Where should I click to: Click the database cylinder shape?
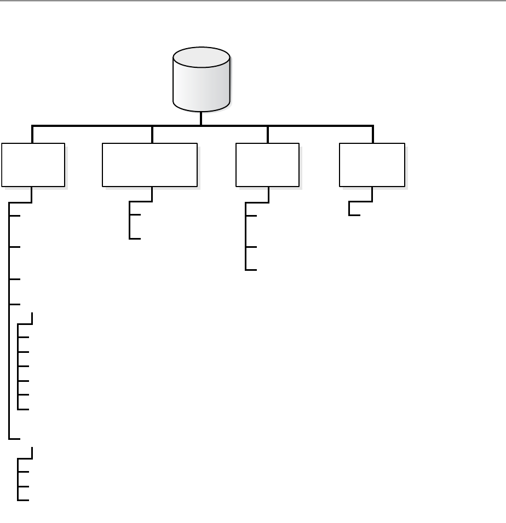(201, 82)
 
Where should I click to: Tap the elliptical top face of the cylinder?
(201, 57)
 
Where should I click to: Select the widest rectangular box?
(150, 165)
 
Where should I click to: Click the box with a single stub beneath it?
(372, 165)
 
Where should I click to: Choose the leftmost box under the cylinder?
(33, 165)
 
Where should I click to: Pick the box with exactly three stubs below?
(267, 165)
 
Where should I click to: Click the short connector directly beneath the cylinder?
(201, 118)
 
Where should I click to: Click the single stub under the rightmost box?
(354, 215)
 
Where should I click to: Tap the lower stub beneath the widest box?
(135, 239)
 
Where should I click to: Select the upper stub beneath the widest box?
(135, 215)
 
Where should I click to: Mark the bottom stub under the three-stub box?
(251, 270)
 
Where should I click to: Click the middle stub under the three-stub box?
(251, 247)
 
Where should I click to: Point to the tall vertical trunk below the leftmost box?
(10, 328)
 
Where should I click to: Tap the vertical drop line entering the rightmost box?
(373, 135)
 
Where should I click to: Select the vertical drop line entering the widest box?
(152, 135)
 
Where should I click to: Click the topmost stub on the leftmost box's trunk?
(15, 215)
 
